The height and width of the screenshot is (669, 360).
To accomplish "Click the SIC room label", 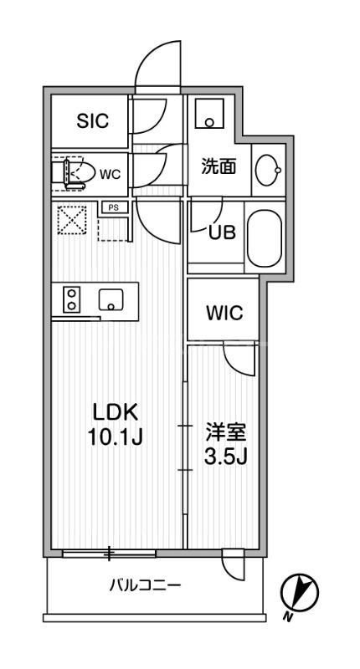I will (x=92, y=122).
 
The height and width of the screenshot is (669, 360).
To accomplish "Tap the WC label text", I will (x=111, y=175).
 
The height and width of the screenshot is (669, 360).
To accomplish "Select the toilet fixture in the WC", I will (x=74, y=172).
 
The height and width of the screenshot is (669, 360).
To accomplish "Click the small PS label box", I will (x=111, y=207).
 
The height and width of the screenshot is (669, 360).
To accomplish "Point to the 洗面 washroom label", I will (x=218, y=166).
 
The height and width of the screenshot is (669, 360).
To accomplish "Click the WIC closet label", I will (x=224, y=314).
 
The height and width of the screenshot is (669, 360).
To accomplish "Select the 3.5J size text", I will (x=226, y=457).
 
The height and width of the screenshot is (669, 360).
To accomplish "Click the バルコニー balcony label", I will (x=145, y=585).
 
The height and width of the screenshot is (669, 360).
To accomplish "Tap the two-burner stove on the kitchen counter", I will (x=71, y=299).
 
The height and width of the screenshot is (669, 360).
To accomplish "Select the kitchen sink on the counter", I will (x=111, y=299).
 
